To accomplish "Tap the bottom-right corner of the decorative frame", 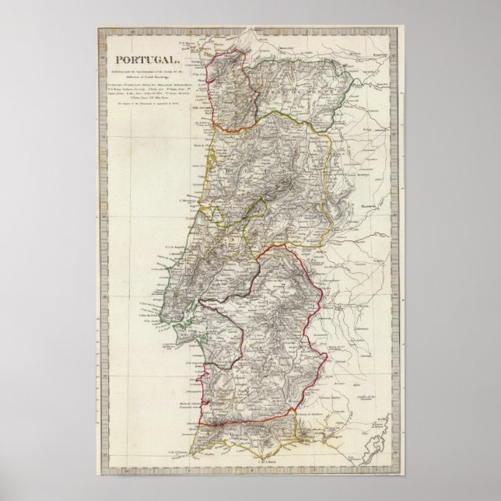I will (x=404, y=472).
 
